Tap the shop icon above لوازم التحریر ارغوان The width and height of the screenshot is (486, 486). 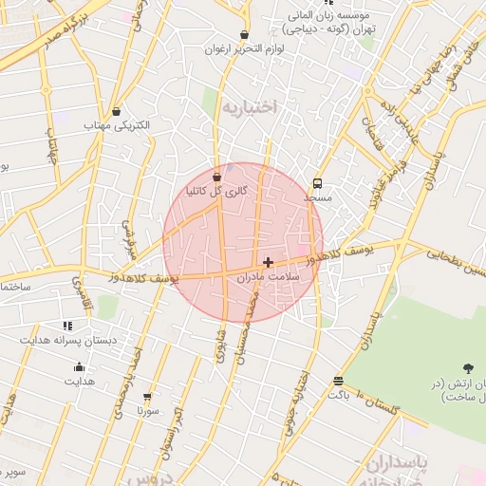tap(245, 35)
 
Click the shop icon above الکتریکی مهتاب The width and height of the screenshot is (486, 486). tap(116, 112)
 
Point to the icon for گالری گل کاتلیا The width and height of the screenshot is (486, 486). tap(217, 177)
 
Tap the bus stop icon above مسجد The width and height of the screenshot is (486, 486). tap(317, 184)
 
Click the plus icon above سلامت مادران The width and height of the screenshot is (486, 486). tap(269, 262)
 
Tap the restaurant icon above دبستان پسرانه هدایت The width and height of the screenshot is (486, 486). tap(66, 326)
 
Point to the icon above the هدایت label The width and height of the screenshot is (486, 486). tap(79, 367)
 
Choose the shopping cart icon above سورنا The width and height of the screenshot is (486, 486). tap(147, 398)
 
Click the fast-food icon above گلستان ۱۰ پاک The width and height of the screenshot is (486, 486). tap(338, 381)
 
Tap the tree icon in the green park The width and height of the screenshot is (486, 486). tap(467, 367)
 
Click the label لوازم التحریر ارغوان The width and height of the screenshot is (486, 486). tap(245, 48)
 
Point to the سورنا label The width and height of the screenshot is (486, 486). tap(147, 412)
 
